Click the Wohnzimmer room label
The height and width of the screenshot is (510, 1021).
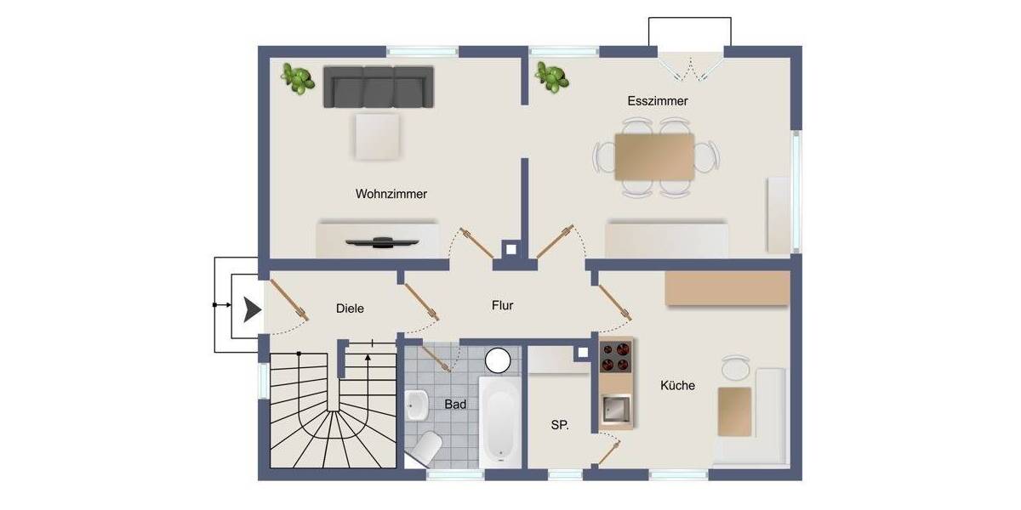pos(391,194)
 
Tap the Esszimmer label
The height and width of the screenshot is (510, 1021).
pos(657,101)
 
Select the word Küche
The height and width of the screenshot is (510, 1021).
pos(677,385)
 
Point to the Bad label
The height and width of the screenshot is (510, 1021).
pos(455,405)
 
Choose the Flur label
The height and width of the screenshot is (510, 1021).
pos(502,305)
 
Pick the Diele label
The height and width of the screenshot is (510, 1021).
pos(350,309)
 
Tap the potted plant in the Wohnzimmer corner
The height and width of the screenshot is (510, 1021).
pos(296,79)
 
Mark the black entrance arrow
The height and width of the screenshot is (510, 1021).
pos(250,310)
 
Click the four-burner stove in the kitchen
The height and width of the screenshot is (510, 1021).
pos(616,357)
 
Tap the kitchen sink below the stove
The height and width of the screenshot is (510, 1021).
pos(617,410)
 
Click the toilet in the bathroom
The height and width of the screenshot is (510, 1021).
pos(425,445)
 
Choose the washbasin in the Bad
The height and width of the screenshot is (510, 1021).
pos(417,405)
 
